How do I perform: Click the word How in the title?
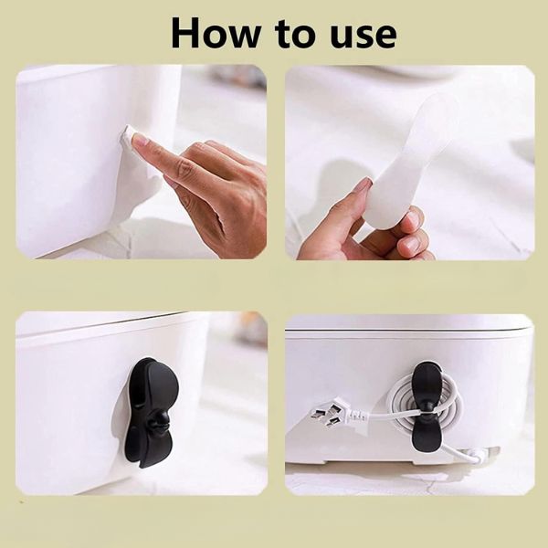tap(216, 32)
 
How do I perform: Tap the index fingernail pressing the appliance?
tap(141, 140)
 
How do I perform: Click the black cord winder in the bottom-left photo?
tap(151, 412)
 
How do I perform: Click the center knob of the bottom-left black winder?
tap(160, 420)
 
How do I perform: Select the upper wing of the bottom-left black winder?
tap(153, 385)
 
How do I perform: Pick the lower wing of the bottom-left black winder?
tap(150, 448)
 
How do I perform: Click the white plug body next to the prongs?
tap(353, 415)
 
